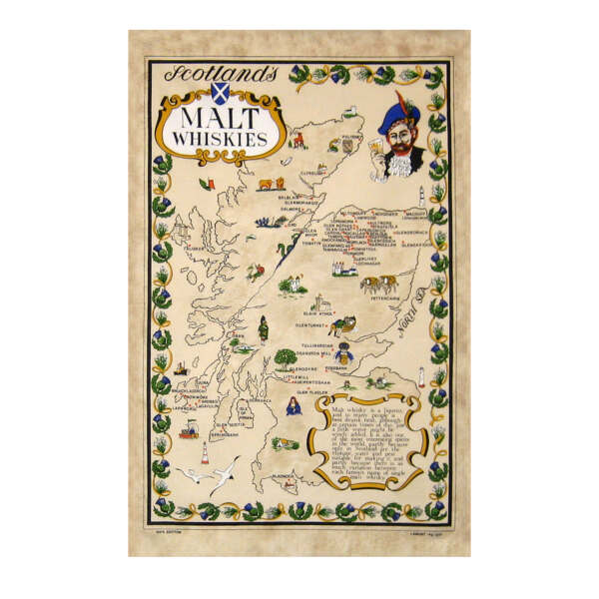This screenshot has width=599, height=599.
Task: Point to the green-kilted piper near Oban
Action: coord(261,328)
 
